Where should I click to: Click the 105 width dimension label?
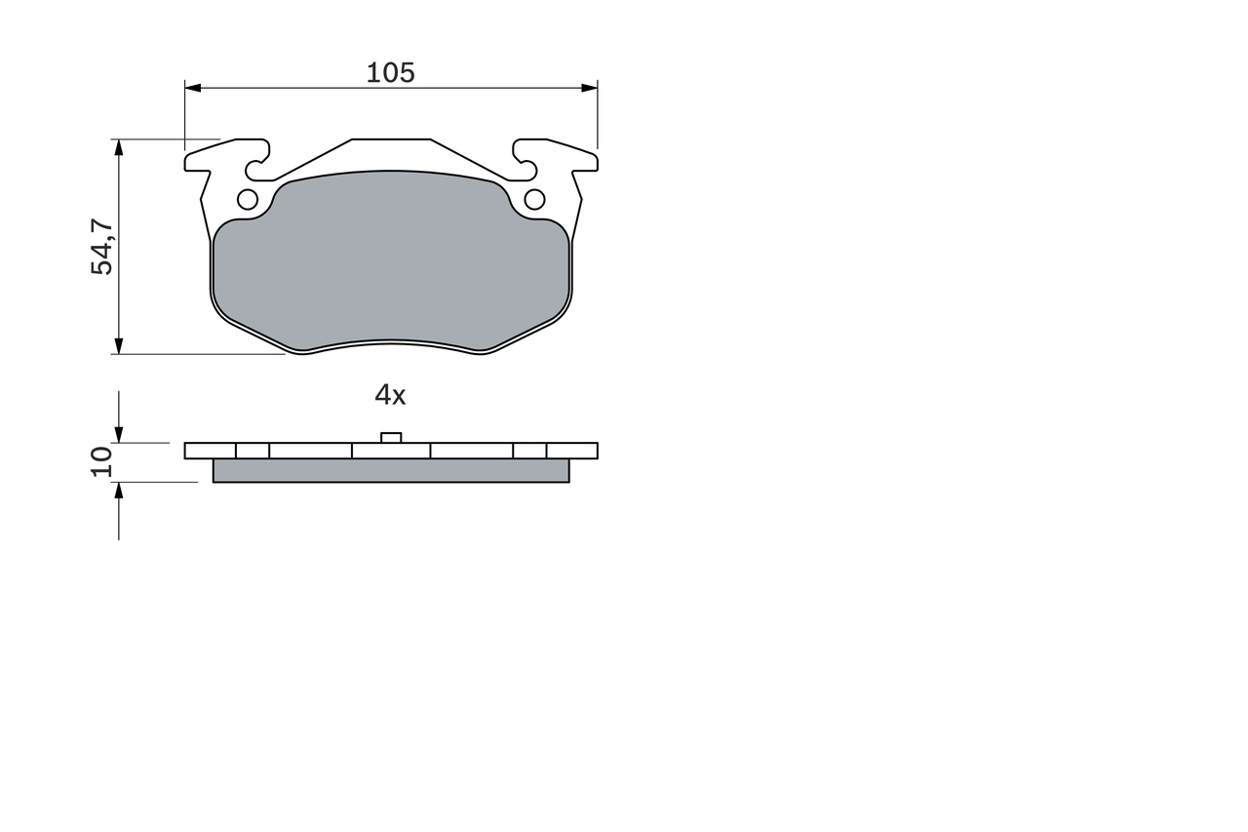click(390, 73)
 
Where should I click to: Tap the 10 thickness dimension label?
click(102, 461)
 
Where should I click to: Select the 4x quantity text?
click(390, 395)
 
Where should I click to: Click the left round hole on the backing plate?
click(248, 200)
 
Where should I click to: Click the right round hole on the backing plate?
click(534, 200)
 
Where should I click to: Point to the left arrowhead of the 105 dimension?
click(192, 88)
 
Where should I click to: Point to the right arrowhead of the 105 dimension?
click(590, 88)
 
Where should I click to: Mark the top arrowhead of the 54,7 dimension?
click(119, 147)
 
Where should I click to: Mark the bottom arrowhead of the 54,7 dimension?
click(119, 346)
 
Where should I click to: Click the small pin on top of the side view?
click(391, 437)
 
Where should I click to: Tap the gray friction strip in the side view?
click(390, 471)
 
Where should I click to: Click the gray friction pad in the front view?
click(390, 263)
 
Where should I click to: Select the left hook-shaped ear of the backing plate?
click(234, 156)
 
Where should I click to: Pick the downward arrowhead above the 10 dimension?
click(119, 435)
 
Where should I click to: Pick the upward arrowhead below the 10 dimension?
click(119, 490)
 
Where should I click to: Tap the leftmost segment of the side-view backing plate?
click(210, 451)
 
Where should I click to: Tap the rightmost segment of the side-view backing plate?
click(572, 451)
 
